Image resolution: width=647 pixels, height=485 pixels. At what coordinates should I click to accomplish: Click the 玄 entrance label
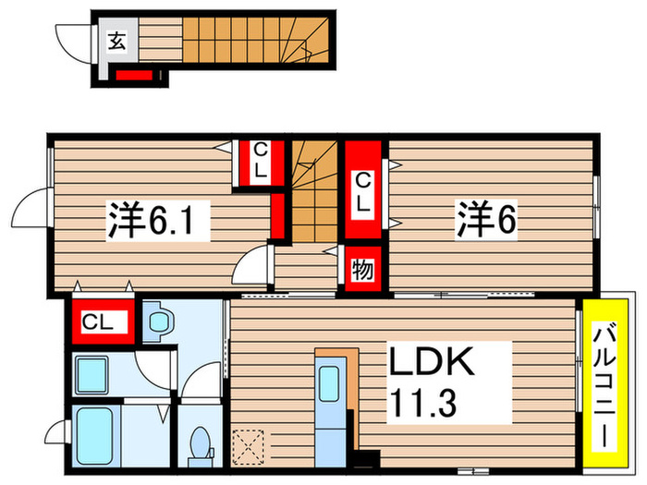(x=117, y=40)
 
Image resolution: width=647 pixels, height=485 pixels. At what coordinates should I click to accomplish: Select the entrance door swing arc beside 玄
(x=74, y=42)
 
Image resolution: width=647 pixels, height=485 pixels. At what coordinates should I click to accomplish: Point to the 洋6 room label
(x=484, y=219)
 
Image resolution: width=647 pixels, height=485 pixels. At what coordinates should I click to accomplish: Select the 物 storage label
(x=361, y=270)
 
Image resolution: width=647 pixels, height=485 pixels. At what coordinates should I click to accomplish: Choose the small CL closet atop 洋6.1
(x=259, y=162)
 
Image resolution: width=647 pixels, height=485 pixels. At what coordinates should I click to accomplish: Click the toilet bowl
(x=199, y=444)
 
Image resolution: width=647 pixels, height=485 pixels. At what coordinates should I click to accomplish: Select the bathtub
(x=93, y=435)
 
